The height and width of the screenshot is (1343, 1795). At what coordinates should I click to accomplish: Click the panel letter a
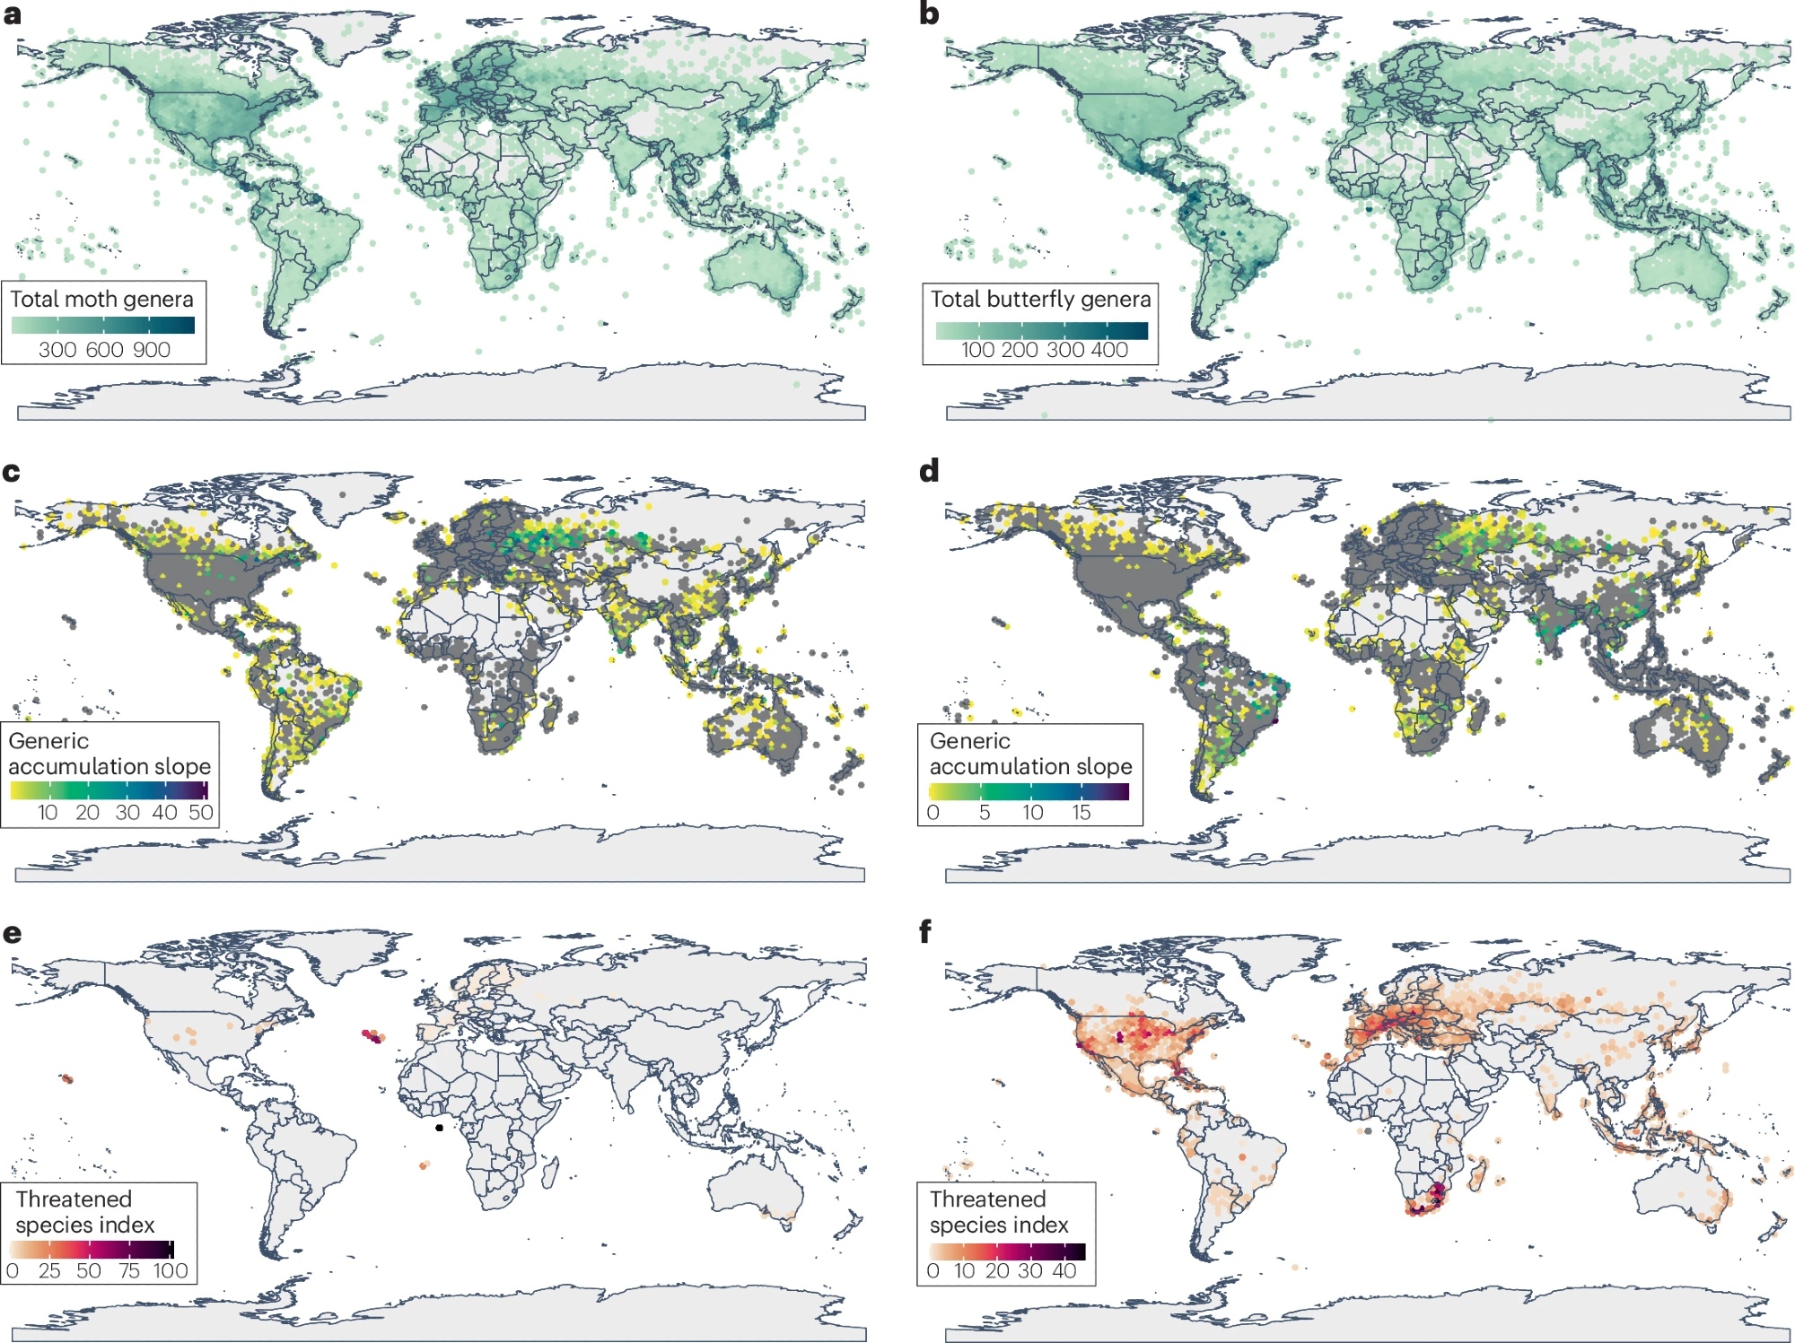click(x=12, y=14)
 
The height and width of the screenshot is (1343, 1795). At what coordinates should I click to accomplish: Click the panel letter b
click(x=929, y=14)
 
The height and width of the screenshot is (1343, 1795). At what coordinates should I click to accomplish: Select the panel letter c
click(x=11, y=472)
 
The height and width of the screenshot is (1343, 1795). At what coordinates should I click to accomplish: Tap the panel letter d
click(x=929, y=470)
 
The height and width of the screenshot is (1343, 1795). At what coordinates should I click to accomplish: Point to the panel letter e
click(x=12, y=933)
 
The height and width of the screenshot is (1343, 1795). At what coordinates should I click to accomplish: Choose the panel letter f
click(x=925, y=931)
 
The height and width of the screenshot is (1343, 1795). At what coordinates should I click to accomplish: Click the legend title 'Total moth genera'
click(x=101, y=300)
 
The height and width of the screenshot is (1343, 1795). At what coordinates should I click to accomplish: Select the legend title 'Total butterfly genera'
click(x=1040, y=300)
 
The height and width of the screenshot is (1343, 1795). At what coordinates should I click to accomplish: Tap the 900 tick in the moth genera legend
click(x=152, y=350)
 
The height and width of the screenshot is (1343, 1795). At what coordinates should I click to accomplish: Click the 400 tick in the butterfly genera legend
click(x=1109, y=350)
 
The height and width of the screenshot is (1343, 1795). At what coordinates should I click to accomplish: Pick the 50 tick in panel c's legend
click(x=200, y=813)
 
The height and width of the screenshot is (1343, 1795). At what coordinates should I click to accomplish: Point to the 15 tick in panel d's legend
click(x=1081, y=813)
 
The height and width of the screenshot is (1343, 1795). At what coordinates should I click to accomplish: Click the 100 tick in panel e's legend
click(x=171, y=1271)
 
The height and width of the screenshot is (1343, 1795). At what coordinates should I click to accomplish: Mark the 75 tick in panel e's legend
click(x=129, y=1271)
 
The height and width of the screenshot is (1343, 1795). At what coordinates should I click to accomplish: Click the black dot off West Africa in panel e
click(x=439, y=1128)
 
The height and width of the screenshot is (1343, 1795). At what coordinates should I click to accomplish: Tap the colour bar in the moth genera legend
click(x=103, y=325)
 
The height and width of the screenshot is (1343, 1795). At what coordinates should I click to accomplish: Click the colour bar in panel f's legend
click(x=1007, y=1251)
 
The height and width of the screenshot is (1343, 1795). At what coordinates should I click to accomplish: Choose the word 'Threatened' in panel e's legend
click(x=74, y=1199)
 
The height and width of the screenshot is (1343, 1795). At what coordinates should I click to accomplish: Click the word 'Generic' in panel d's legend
click(x=969, y=741)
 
